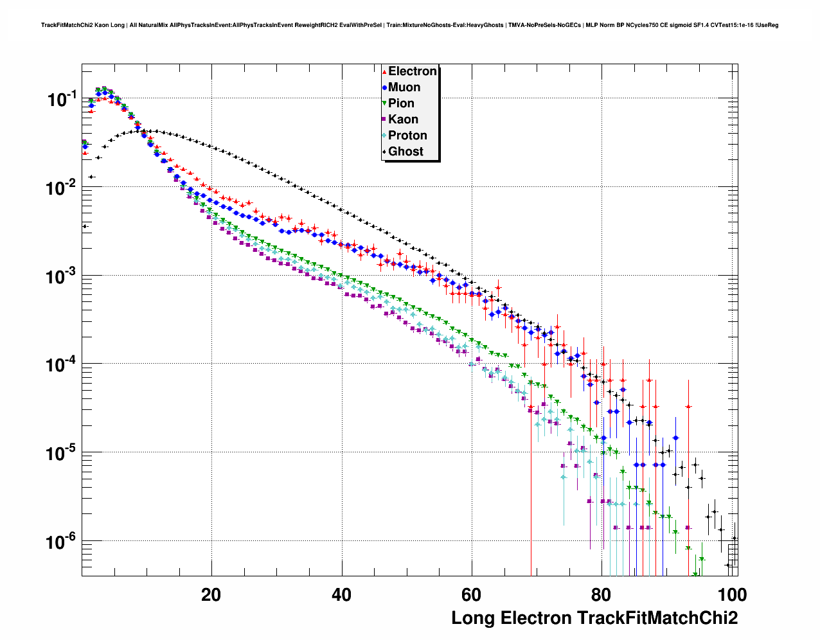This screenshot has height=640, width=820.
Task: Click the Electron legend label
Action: (x=413, y=71)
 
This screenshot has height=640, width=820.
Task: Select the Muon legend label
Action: (x=404, y=87)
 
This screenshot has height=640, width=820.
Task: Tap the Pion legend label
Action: (x=401, y=103)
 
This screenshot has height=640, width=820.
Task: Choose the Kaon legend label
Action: (x=403, y=120)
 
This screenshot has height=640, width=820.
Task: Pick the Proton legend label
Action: (x=407, y=136)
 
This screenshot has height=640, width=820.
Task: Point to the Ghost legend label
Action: (x=406, y=152)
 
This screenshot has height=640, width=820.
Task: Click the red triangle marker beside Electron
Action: (x=384, y=71)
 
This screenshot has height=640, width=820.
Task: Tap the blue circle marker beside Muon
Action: (x=384, y=87)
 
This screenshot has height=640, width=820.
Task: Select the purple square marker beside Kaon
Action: (x=384, y=120)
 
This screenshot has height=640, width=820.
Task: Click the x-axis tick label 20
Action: (x=211, y=595)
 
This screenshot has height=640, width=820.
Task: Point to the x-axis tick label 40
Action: (x=341, y=595)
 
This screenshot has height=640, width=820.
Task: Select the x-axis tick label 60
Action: (x=471, y=595)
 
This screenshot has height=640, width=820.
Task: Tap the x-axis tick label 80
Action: (x=602, y=595)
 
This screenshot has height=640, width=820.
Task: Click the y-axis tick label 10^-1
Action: (x=62, y=100)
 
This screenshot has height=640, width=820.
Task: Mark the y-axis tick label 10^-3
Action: (x=62, y=276)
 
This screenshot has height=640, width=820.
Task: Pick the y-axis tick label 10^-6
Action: (x=62, y=542)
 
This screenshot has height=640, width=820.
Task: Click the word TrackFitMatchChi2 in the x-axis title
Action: (x=657, y=618)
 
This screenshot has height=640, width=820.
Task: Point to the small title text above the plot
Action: (x=409, y=26)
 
